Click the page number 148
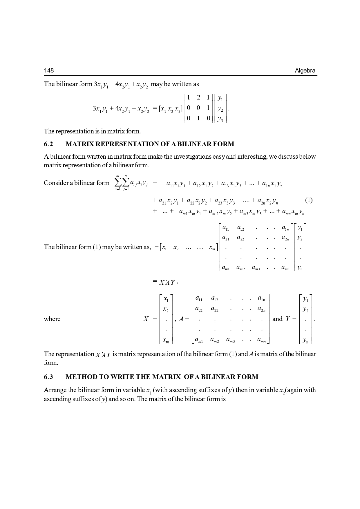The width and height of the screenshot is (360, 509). click(x=49, y=70)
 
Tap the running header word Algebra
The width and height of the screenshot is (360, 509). click(x=305, y=70)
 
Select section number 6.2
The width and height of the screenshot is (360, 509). click(x=48, y=144)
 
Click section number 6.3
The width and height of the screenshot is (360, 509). click(x=48, y=377)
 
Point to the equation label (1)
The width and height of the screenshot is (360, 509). click(x=309, y=200)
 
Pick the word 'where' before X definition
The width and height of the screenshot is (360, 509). click(x=52, y=319)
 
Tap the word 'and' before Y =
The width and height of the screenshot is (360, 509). click(x=277, y=319)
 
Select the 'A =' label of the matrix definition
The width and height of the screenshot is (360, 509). click(x=184, y=319)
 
